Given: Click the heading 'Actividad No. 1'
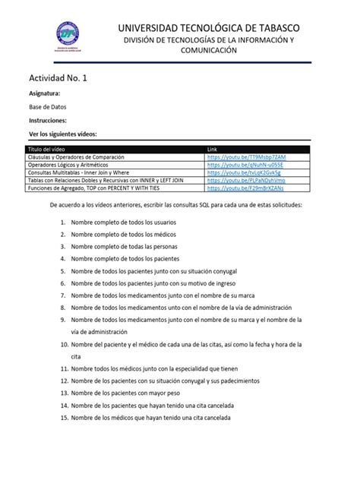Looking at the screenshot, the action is tap(59, 79).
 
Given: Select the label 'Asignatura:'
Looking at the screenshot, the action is tap(43, 94).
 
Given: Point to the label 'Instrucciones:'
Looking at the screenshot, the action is tap(48, 120).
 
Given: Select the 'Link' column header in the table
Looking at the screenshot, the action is tap(213, 149).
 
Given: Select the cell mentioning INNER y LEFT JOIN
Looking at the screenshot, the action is tap(106, 181).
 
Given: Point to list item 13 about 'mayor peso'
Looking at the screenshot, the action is tap(125, 393).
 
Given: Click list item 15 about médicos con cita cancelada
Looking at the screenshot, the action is tap(151, 417).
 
